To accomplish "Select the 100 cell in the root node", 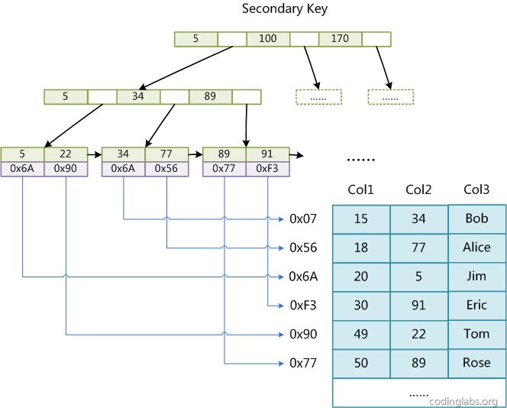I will click(268, 38).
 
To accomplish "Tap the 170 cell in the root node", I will click(340, 38).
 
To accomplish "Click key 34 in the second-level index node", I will click(138, 97).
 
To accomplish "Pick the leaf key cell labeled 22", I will click(66, 154).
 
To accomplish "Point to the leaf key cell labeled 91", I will click(267, 154).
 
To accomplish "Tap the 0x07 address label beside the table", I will click(302, 219).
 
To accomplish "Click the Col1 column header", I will click(361, 189).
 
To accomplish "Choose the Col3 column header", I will click(476, 189).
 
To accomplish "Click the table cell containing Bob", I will click(476, 219).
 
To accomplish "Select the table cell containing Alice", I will click(476, 248).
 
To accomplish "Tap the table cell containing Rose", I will click(476, 363).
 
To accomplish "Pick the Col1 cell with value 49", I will click(361, 334).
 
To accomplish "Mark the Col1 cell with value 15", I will click(361, 219).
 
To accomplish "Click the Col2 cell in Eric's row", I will click(418, 305).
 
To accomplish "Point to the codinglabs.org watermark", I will click(463, 401).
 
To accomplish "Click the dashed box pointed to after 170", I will click(390, 97).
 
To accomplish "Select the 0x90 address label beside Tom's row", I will click(302, 334).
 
